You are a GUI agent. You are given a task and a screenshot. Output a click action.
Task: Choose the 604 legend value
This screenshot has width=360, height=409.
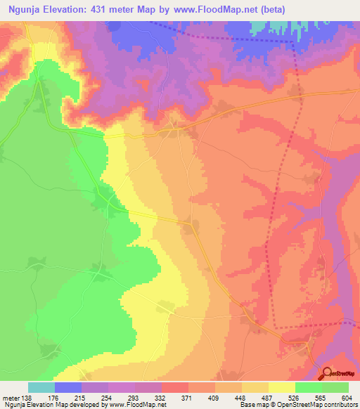(x=347, y=398)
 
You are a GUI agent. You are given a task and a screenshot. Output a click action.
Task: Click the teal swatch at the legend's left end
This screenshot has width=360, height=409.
(x=41, y=387)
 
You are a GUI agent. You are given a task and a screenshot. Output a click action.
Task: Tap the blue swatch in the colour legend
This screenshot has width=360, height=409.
(x=68, y=387)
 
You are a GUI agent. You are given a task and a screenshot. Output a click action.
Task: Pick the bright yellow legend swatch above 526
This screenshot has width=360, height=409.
(x=282, y=387)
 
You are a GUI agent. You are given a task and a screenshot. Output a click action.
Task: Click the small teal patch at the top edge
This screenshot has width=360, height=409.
(x=261, y=26)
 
